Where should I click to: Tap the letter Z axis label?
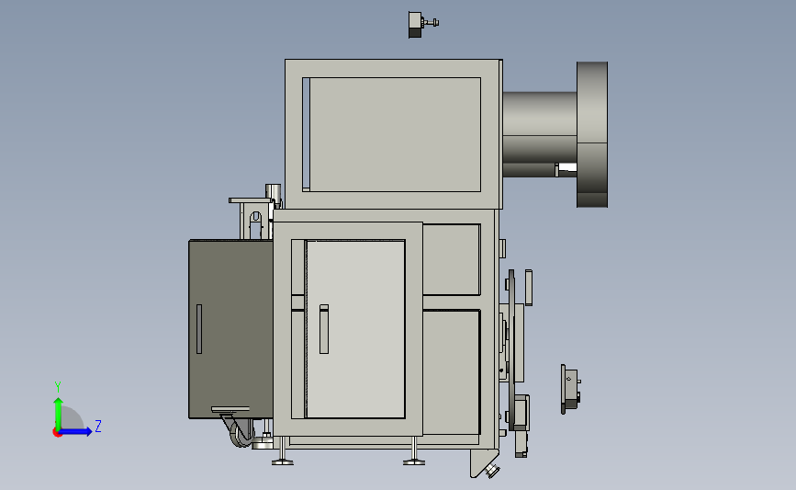(98, 426)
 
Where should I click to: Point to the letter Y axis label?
(58, 387)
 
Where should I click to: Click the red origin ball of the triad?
(57, 433)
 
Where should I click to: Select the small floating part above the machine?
(422, 25)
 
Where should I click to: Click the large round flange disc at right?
(592, 134)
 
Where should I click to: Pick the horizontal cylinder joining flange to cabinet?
(540, 134)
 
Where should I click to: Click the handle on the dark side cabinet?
(199, 329)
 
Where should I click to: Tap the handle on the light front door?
(324, 329)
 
